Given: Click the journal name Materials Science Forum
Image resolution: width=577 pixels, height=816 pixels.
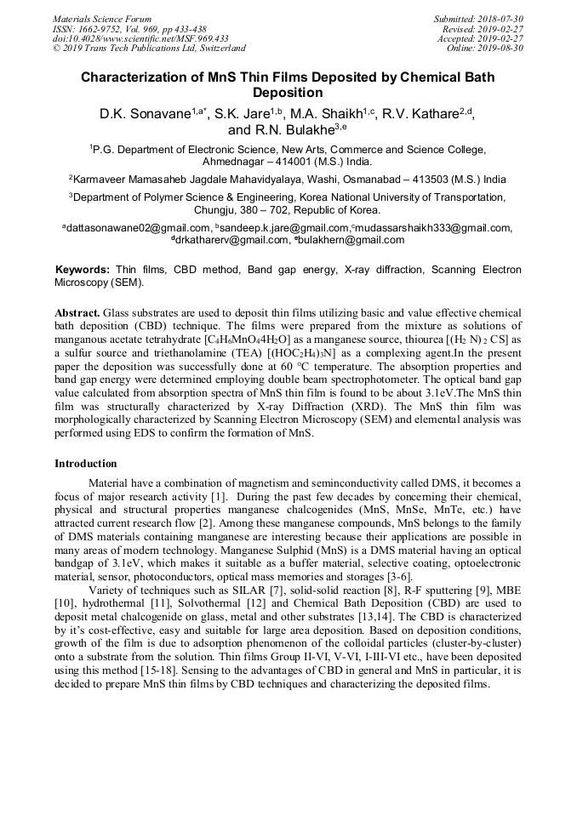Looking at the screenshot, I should (102, 19).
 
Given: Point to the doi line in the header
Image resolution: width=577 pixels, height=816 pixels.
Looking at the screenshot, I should (140, 38).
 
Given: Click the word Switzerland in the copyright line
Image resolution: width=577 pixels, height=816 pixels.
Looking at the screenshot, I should (218, 48).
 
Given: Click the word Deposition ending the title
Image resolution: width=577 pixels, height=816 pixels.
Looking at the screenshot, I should (288, 93).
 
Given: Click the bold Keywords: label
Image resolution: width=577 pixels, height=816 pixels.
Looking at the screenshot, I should (83, 270).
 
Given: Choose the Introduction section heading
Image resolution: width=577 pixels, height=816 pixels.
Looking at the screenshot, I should (86, 464).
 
